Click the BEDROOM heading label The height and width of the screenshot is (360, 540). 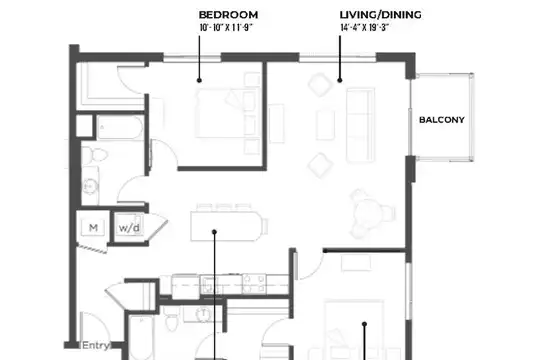[228, 15]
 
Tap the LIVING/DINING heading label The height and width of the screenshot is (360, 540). [381, 15]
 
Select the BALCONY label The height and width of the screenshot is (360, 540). [442, 120]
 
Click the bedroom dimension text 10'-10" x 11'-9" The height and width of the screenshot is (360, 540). [226, 28]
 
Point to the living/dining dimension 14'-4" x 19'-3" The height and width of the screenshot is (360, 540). [364, 28]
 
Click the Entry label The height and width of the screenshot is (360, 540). [96, 345]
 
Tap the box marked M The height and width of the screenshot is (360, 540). [93, 228]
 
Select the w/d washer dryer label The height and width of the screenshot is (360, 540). [129, 228]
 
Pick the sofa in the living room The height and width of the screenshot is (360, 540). [360, 125]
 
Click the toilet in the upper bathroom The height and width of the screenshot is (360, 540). [95, 155]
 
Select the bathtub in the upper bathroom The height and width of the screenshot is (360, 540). [120, 127]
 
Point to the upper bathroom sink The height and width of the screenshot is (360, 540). [90, 186]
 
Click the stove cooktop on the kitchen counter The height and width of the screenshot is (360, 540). [254, 284]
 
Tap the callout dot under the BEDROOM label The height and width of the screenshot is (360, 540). [199, 80]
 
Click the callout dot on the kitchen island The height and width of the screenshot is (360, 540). [214, 232]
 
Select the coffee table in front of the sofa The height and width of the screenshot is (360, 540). [325, 124]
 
